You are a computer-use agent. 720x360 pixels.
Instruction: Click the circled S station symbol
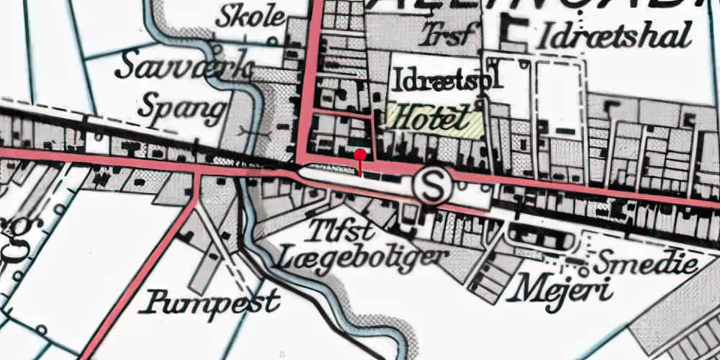(x=431, y=187)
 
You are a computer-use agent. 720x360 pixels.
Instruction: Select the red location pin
(x=360, y=155)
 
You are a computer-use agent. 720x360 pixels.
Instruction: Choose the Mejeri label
(x=560, y=290)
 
